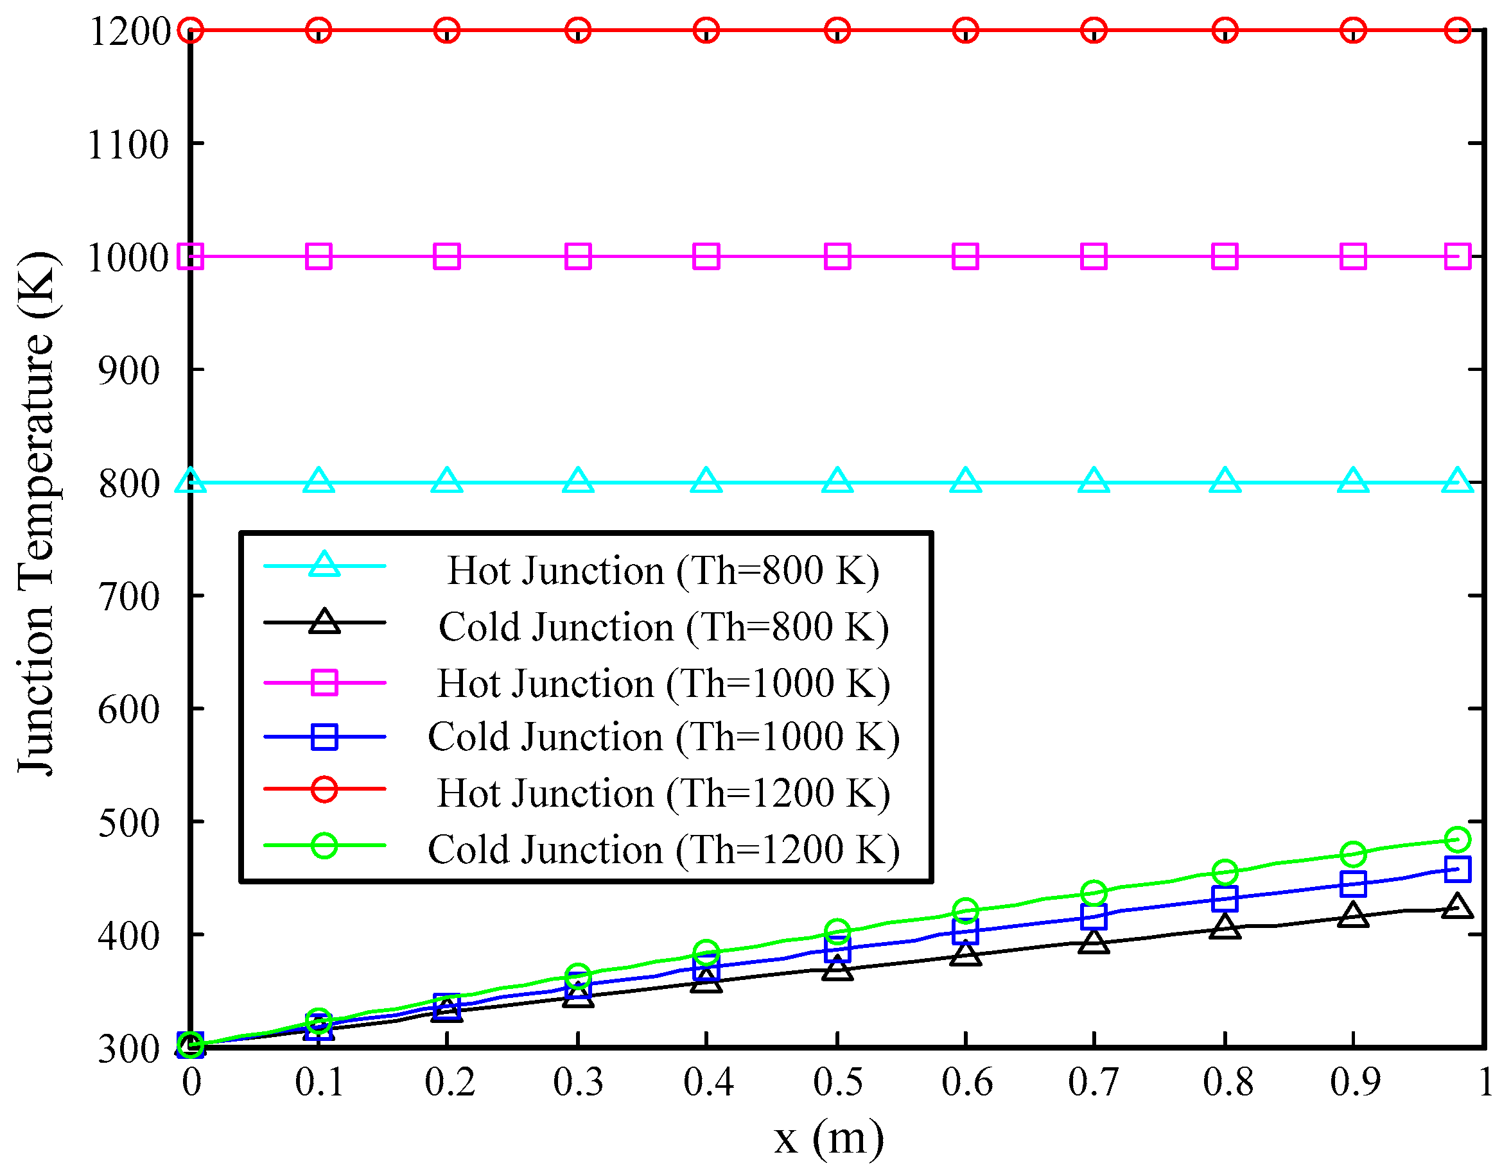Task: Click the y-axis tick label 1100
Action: (x=128, y=145)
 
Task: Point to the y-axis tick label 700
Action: (x=129, y=597)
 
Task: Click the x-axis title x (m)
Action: (x=829, y=1138)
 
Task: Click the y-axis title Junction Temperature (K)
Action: (x=38, y=513)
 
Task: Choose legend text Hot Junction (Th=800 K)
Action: (x=663, y=570)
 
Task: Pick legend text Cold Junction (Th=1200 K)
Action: (x=663, y=849)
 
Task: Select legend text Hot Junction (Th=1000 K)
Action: (x=663, y=683)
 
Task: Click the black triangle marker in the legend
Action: (x=324, y=622)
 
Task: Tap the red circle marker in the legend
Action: (x=324, y=789)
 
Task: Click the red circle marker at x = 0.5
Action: (x=837, y=30)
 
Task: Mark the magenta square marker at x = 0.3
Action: (x=578, y=257)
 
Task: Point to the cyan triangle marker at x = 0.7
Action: (x=1094, y=481)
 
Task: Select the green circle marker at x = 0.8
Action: (x=1225, y=872)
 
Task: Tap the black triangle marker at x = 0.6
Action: (x=966, y=954)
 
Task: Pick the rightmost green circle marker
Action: (x=1457, y=839)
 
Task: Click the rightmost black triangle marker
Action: (x=1457, y=907)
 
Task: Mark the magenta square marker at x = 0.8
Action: (x=1225, y=257)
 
